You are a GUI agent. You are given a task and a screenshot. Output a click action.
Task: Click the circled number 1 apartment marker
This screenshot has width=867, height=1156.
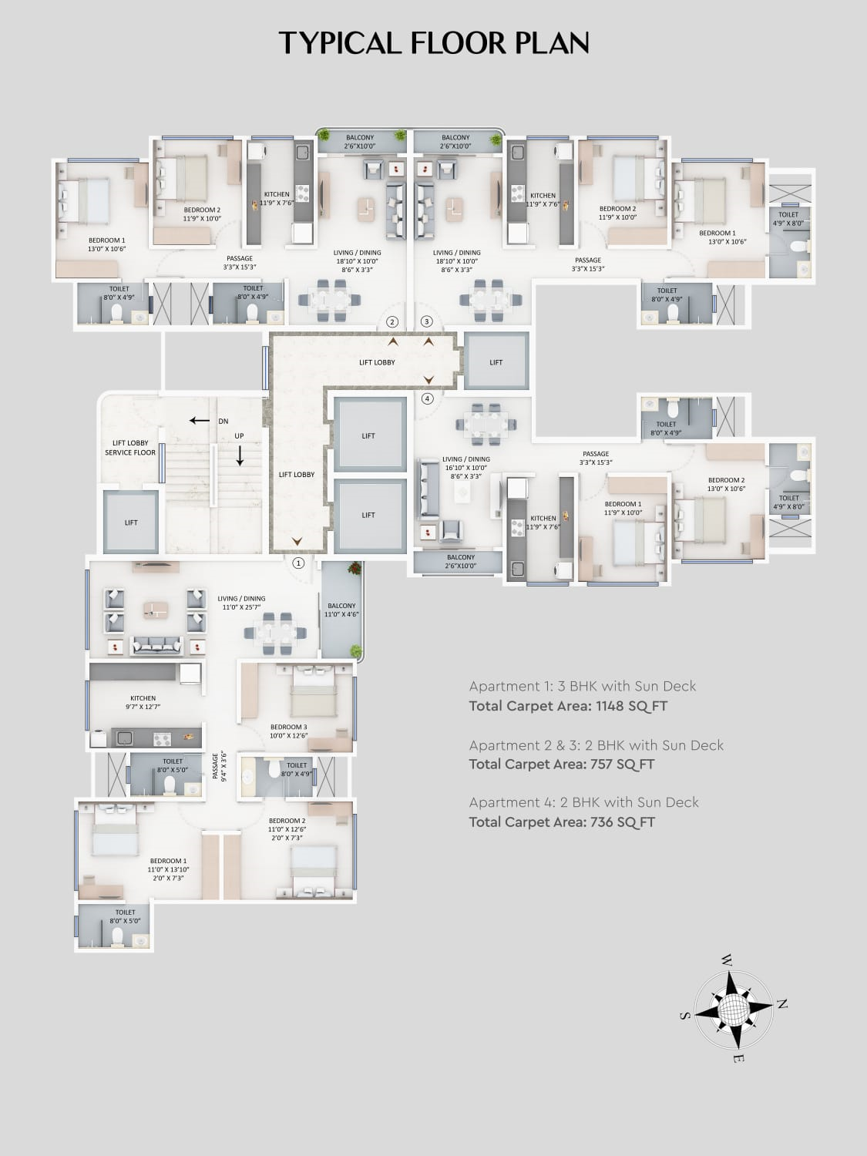click(x=298, y=563)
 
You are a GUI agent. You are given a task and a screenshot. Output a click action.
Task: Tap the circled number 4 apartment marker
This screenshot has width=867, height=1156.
click(x=428, y=398)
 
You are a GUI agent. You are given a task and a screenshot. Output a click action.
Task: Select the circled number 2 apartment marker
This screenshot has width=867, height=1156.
click(x=392, y=321)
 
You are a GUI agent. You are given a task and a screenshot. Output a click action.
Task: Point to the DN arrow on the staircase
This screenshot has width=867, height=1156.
click(x=200, y=421)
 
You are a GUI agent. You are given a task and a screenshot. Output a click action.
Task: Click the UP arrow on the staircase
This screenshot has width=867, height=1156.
click(x=240, y=456)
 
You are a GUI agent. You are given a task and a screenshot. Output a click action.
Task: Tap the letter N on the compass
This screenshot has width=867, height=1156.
click(x=781, y=1004)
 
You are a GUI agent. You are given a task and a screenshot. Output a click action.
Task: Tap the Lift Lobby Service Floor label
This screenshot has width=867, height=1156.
click(x=130, y=448)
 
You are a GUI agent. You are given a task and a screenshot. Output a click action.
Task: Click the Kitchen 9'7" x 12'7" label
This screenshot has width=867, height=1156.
click(x=143, y=702)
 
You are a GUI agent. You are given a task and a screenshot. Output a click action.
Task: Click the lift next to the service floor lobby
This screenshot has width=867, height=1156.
click(x=131, y=522)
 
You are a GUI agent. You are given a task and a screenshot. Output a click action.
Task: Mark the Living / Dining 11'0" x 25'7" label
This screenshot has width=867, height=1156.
click(x=241, y=603)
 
